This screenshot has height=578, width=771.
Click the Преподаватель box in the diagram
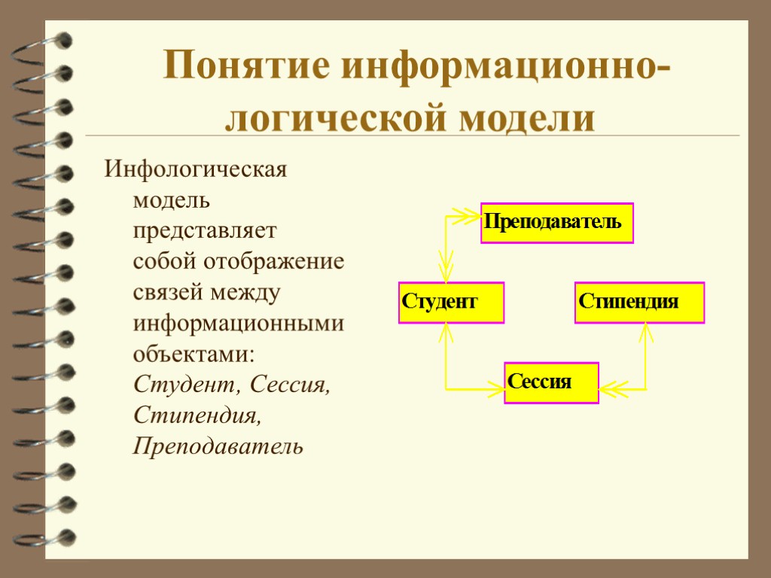coord(557,223)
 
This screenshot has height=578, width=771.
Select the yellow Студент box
coord(451,303)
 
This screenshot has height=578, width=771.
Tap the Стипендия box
coord(639,303)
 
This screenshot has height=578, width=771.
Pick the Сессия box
coord(551,382)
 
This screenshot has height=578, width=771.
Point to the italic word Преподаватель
coord(218,446)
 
